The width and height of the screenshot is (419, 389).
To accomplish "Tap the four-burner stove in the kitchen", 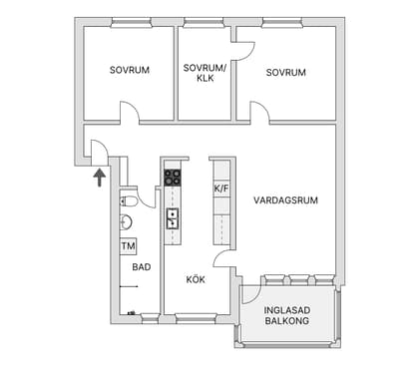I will (173, 179).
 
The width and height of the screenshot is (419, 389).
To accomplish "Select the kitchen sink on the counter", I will (173, 218).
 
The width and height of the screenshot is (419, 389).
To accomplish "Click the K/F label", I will (221, 188).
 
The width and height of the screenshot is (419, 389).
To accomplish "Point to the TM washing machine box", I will (128, 245).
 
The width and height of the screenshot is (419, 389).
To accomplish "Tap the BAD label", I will (141, 267).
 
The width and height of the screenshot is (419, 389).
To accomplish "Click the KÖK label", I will (196, 279).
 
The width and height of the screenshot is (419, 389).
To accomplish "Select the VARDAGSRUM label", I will (285, 200).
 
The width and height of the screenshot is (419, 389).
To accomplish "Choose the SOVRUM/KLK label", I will (207, 73).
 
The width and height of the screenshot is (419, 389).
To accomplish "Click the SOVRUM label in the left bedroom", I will (130, 71).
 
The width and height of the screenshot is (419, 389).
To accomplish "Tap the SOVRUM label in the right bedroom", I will (285, 73).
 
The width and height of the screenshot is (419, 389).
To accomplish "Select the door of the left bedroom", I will (130, 114).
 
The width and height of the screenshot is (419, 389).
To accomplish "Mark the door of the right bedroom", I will (257, 113).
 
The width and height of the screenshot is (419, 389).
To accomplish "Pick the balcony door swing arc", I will (249, 293).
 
